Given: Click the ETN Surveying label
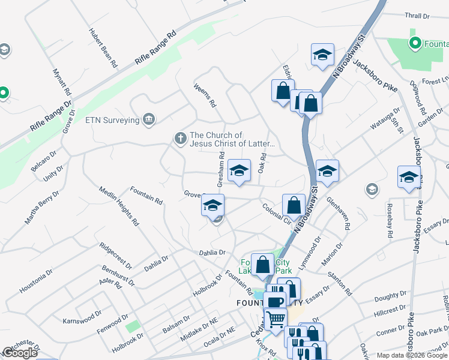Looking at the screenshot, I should [112, 120].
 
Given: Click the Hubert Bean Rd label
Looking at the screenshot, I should [103, 48].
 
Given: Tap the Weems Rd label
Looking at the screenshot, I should [205, 95].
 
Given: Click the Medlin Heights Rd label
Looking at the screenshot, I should [119, 206].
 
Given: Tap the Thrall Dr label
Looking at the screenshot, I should [418, 16].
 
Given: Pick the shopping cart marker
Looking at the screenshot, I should [276, 318].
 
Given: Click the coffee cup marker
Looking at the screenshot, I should [275, 302].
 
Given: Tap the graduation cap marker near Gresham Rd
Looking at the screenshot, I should [238, 170].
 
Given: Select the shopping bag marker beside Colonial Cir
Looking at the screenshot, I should [294, 205].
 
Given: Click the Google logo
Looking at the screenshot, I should [20, 353].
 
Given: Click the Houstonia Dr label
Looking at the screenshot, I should [32, 283].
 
